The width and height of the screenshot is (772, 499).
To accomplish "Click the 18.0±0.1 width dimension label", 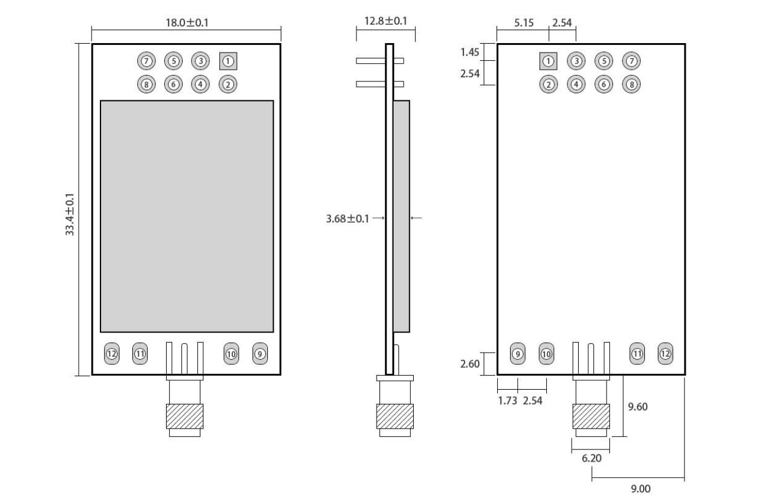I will [187, 22].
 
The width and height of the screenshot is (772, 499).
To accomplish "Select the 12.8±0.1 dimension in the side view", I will [386, 21].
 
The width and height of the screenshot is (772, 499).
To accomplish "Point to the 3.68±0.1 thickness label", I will [348, 218].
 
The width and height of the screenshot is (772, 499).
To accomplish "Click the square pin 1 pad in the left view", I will [228, 61].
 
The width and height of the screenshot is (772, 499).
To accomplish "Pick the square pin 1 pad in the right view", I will [549, 61].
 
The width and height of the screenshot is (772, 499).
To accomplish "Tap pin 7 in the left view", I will [145, 61].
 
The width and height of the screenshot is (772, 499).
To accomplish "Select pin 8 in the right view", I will [632, 84].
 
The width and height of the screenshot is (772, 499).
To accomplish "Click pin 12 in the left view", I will [112, 354].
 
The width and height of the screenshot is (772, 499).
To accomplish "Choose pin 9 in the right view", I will [518, 354].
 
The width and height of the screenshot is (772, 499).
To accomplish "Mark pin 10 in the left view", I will [231, 354].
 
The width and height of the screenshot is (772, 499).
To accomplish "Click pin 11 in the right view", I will [637, 354].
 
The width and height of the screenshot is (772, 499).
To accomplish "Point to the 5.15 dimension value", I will [524, 23].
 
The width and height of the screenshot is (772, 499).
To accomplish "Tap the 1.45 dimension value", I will [469, 52].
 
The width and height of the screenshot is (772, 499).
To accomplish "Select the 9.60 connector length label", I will [638, 406].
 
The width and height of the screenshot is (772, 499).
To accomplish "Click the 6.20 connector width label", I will [591, 457].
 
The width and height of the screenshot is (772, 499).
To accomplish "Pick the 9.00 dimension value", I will [641, 488].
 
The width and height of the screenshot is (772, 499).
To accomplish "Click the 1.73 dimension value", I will [507, 400].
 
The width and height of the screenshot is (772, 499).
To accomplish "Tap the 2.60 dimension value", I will [469, 363].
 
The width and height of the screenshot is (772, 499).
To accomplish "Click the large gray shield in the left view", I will [187, 216].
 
